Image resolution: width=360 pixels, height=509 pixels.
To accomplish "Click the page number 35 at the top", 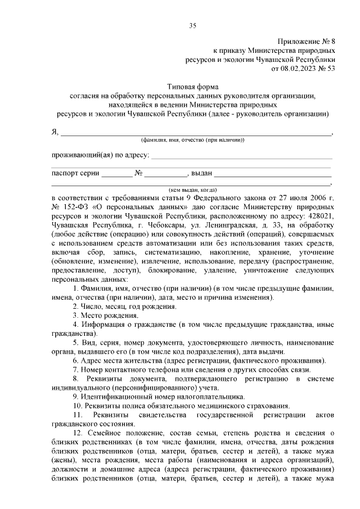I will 192,25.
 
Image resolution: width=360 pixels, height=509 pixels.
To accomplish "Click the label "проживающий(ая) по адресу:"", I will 100,155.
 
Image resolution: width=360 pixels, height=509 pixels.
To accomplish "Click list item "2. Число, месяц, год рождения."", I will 124,306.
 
